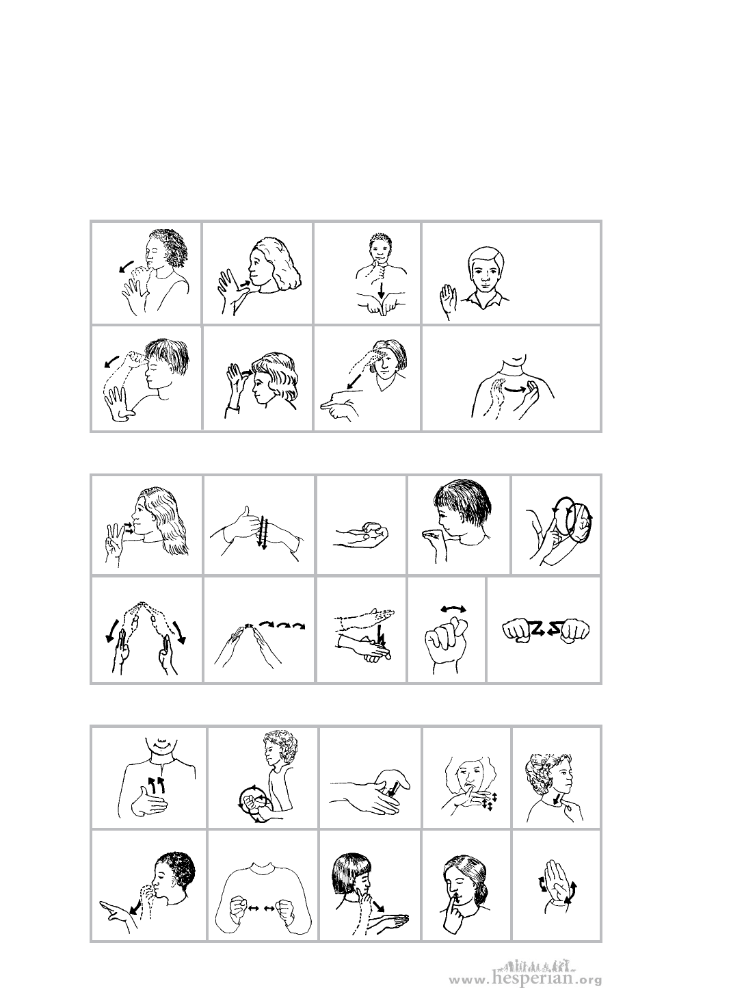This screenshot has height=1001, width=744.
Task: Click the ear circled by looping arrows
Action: (584, 523)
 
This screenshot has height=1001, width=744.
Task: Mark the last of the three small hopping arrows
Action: (299, 625)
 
